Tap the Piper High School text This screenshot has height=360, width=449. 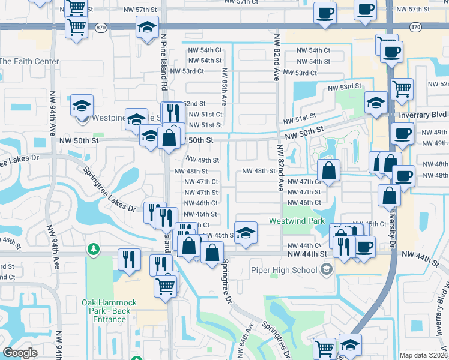pyautogui.click(x=284, y=270)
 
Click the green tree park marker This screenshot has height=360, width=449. pyautogui.click(x=93, y=248)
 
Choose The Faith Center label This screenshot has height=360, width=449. pyautogui.click(x=29, y=61)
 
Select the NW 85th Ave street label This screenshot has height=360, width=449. pyautogui.click(x=224, y=87)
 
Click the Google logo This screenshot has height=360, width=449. pyautogui.click(x=20, y=353)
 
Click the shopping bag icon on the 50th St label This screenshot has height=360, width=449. pyautogui.click(x=170, y=137)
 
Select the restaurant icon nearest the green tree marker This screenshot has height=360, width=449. pyautogui.click(x=129, y=259)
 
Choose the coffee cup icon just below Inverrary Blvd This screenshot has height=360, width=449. pyautogui.click(x=402, y=133)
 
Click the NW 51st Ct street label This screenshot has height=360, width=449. pyautogui.click(x=205, y=114)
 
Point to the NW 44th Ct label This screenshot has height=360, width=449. pyautogui.click(x=304, y=245)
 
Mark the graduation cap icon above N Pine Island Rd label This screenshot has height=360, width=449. pyautogui.click(x=147, y=26)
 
